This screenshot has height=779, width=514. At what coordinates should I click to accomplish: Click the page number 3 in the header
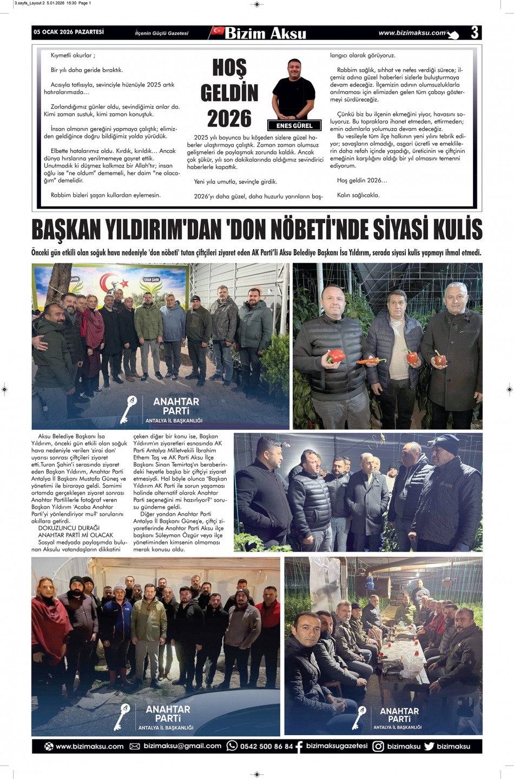point(474,32)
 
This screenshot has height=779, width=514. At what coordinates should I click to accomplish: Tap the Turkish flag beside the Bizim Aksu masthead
point(218,31)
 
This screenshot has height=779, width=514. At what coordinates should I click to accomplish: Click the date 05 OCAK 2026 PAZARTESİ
point(69,32)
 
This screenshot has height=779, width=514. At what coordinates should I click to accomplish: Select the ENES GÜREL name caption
point(294,125)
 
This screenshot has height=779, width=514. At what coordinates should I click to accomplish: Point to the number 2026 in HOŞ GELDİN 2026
point(229,118)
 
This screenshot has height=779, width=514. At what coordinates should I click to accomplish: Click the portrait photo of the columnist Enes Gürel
point(294,89)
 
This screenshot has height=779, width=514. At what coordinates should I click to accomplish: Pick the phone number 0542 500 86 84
point(266,747)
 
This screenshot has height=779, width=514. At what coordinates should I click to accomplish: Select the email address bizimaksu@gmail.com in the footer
point(182,746)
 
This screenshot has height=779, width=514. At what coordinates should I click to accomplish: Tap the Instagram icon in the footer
point(378,747)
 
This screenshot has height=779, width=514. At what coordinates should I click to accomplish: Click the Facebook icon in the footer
point(299,747)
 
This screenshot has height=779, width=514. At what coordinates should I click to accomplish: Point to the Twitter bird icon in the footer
point(429,747)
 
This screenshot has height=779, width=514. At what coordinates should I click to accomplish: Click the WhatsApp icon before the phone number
point(232,746)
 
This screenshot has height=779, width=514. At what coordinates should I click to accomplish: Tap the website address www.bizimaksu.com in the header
point(412,33)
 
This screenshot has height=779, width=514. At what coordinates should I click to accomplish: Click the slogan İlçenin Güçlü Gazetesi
point(162,34)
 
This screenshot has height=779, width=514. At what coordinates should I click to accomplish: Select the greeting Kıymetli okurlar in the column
point(73,55)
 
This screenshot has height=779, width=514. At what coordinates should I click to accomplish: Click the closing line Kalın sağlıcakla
point(358,195)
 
